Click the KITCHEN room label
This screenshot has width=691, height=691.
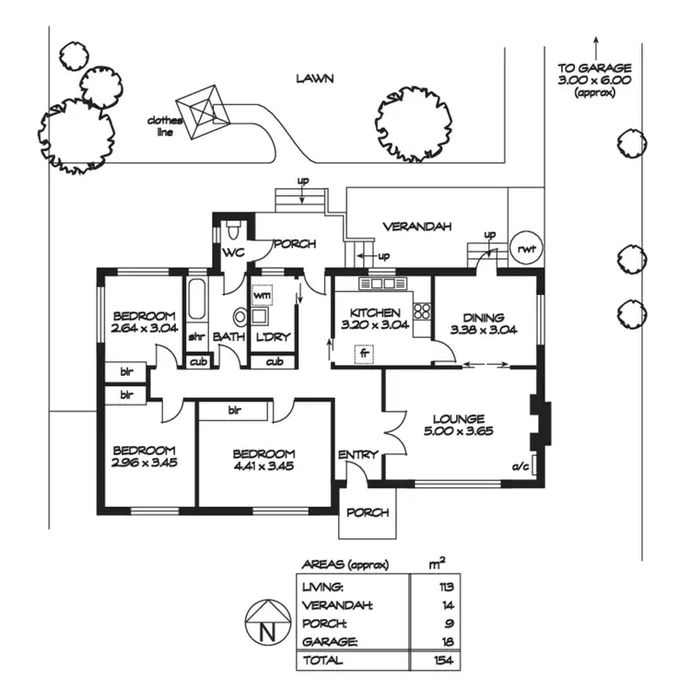375,313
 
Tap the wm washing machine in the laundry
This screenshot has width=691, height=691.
263,294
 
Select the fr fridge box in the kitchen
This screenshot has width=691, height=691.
365,353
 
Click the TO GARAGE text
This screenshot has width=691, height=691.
594,68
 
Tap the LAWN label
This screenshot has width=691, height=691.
314,79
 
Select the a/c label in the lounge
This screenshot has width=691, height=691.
520,467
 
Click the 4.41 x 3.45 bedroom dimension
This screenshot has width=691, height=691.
264,466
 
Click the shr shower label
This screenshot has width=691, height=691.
197,337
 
